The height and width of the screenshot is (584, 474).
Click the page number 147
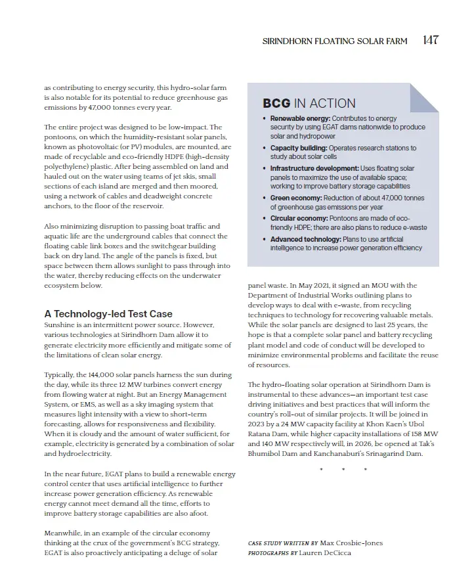point(431,40)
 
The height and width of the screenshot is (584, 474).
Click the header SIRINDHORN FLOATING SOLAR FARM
point(335,41)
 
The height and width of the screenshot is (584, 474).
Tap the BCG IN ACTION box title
point(309,103)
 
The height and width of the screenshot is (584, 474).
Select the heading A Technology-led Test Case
point(108,313)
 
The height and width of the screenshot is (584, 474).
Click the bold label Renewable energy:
point(300,118)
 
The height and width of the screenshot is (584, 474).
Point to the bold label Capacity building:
point(298,148)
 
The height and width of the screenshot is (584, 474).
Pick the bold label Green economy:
point(297,198)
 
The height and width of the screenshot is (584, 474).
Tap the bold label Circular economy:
point(300,218)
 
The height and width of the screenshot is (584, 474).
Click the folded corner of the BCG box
point(424,97)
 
